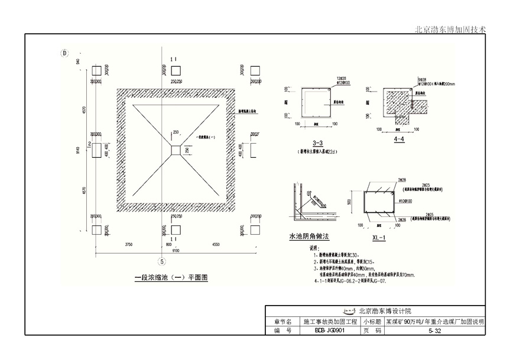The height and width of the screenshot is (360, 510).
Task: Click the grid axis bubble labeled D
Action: coord(64,53)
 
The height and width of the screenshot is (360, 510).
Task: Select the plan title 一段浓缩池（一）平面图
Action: coord(163,275)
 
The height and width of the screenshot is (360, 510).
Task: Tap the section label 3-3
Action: coord(317,144)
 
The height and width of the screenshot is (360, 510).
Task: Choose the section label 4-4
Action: coord(399,140)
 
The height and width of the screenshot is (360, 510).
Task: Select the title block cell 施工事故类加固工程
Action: coord(331,322)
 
